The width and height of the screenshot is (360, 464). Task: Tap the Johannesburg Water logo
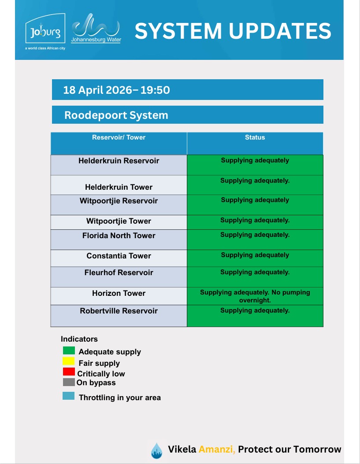(96, 29)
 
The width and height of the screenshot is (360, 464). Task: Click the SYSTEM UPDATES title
(233, 31)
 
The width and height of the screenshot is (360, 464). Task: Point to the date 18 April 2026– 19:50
(116, 90)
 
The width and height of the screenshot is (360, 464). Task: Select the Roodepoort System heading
(116, 115)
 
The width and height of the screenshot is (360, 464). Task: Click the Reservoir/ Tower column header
(119, 137)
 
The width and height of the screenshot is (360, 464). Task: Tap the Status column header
(255, 137)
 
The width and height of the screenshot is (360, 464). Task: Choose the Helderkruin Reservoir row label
(119, 161)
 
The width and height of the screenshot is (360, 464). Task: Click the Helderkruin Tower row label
(119, 187)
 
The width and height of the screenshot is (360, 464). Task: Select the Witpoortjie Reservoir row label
(119, 201)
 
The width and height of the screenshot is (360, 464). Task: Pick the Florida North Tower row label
(119, 236)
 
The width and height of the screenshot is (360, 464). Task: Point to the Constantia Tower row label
(119, 256)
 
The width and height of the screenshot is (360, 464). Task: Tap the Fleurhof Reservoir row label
(119, 273)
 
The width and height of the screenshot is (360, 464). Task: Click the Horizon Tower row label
(119, 293)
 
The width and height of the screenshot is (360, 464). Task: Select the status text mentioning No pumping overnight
(255, 296)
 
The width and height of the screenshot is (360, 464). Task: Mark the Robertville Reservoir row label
(119, 311)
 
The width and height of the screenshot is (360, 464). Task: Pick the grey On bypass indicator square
(69, 382)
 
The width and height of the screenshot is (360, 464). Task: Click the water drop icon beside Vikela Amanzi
(156, 451)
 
